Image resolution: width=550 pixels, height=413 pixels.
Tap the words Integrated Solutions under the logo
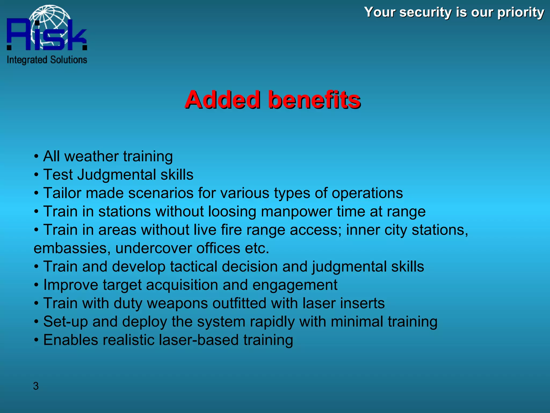[47, 60]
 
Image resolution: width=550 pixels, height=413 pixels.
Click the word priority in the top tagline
[521, 13]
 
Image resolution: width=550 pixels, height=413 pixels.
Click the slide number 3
[36, 386]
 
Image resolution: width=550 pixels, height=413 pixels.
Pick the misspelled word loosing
[232, 212]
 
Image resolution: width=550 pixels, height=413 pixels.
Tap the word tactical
[193, 266]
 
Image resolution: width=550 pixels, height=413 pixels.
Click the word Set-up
[66, 322]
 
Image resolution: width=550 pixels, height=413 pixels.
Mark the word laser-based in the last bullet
[199, 340]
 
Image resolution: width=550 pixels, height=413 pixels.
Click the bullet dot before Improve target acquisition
[36, 285]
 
